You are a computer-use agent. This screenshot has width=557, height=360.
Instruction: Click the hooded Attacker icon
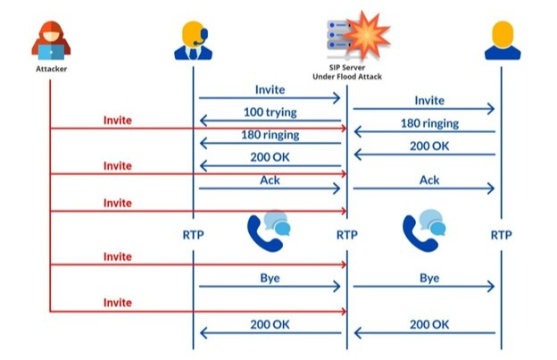[x=51, y=40]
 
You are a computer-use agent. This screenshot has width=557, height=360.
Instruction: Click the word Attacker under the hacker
[x=51, y=68]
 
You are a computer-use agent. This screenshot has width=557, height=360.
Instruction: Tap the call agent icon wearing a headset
[x=193, y=39]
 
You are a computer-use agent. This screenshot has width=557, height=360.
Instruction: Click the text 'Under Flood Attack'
[x=346, y=78]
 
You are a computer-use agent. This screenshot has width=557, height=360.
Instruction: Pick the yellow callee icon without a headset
[x=502, y=39]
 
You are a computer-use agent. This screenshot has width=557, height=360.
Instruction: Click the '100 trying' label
[x=270, y=113]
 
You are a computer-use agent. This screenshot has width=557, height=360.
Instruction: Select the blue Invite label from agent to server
[x=270, y=89]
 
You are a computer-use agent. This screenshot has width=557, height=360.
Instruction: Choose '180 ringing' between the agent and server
[x=270, y=135]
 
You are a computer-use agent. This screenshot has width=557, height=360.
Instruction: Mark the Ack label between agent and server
[x=270, y=180]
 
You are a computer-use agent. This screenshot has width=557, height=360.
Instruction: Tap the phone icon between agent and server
[x=268, y=231]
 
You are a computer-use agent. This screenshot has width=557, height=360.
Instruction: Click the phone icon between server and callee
[x=424, y=231]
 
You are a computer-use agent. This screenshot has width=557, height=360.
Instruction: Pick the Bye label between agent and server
[x=270, y=278]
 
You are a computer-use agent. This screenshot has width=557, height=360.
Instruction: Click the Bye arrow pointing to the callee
[x=424, y=287]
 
